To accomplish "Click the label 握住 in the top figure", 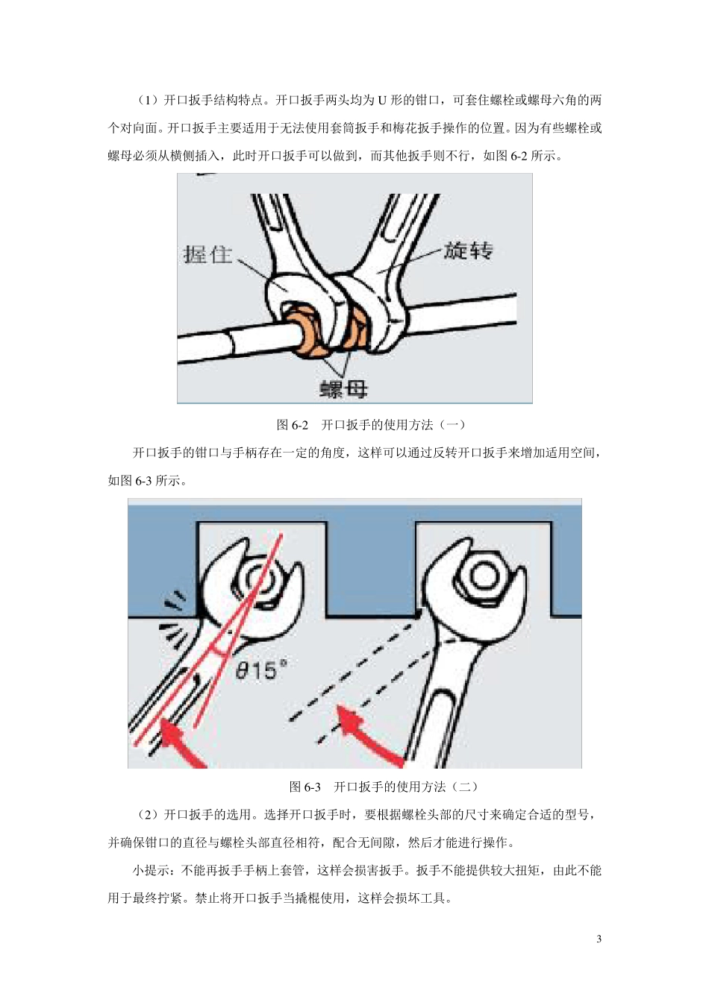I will tap(207, 255).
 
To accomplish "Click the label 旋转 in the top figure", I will tap(468, 250).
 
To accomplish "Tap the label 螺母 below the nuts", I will tap(343, 388).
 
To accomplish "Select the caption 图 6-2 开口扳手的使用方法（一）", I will tap(371, 425).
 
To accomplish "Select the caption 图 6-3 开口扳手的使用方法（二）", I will tap(383, 787).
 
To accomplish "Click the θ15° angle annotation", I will tap(260, 670).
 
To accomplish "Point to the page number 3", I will tap(599, 939).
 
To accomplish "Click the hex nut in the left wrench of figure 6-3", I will tap(256, 578).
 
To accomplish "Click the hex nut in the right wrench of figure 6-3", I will tap(484, 575).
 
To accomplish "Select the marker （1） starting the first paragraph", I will tap(147, 101).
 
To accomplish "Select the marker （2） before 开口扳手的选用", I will tap(147, 815).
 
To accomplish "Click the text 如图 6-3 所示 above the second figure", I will tap(146, 481).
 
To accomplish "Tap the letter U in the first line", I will tap(381, 101).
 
